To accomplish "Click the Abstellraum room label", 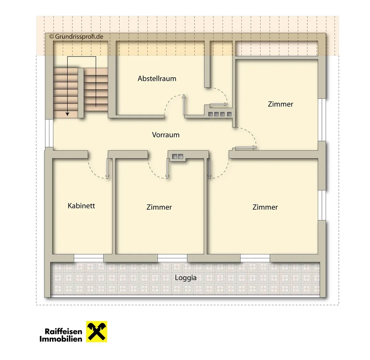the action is tap(157, 79).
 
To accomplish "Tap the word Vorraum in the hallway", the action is tap(166, 135).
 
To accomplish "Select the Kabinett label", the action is tap(81, 206).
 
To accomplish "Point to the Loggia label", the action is tap(186, 278).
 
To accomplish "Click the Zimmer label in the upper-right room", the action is tap(281, 104).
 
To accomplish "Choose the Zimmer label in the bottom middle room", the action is tap(159, 207).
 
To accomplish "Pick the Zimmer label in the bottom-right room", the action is tap(265, 207).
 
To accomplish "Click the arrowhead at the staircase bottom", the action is tap(67, 114).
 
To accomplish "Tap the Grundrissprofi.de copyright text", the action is tap(76, 36).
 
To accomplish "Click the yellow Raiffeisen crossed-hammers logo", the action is tap(97, 331).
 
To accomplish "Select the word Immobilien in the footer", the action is tap(61, 339).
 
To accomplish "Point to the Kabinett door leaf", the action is tap(107, 168).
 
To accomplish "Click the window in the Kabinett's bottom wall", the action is tap(88, 258).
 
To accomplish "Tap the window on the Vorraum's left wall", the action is tap(49, 133).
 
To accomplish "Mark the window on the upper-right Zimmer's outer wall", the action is tap(322, 120).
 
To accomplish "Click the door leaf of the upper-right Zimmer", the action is tap(246, 147).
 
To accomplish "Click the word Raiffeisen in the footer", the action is tap(64, 331).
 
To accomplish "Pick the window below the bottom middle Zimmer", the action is tap(172, 258).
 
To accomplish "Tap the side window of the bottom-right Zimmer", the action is tap(322, 205).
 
